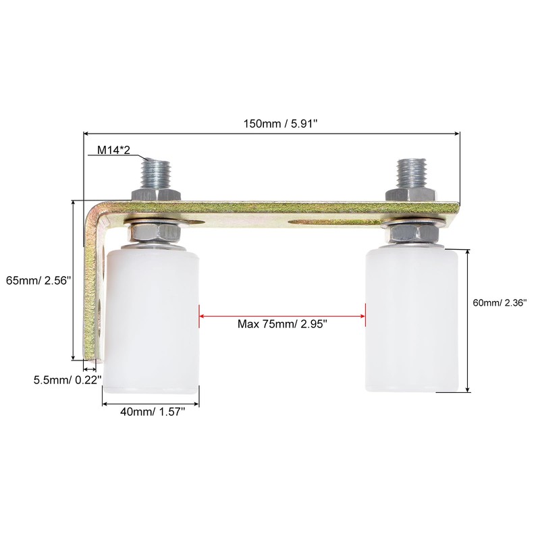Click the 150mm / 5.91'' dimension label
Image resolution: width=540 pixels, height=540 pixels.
273,124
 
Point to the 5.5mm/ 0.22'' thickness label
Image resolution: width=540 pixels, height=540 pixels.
67,380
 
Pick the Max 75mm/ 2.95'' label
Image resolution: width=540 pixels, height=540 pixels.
282,324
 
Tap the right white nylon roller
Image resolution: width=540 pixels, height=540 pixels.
413,321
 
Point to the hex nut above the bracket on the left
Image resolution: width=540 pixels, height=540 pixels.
155,194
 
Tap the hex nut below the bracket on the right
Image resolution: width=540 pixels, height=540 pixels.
413,234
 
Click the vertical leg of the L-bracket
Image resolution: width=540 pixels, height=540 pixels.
92,290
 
